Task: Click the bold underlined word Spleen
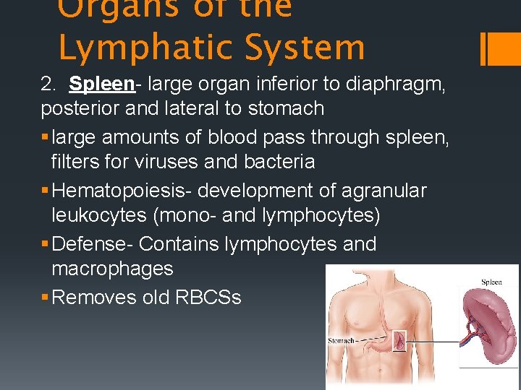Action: (102, 84)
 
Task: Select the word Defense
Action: (92, 244)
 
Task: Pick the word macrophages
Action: (113, 269)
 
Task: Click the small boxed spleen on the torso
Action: (399, 341)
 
